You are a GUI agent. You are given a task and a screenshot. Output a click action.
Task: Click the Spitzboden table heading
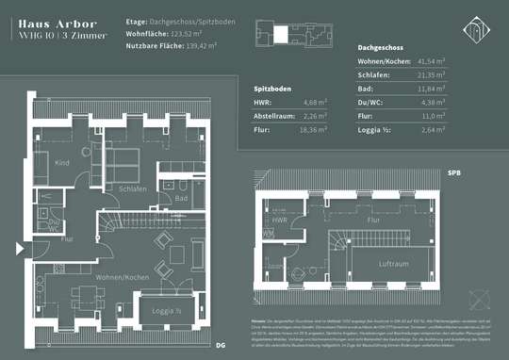pyautogui.click(x=274, y=88)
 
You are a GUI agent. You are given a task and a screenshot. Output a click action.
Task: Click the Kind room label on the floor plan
pyautogui.click(x=62, y=164)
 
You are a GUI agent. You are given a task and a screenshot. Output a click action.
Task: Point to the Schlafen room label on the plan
pyautogui.click(x=132, y=188)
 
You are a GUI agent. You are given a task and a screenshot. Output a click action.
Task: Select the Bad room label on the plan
pyautogui.click(x=184, y=199)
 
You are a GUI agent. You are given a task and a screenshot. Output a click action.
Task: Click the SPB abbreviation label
pyautogui.click(x=454, y=173)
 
